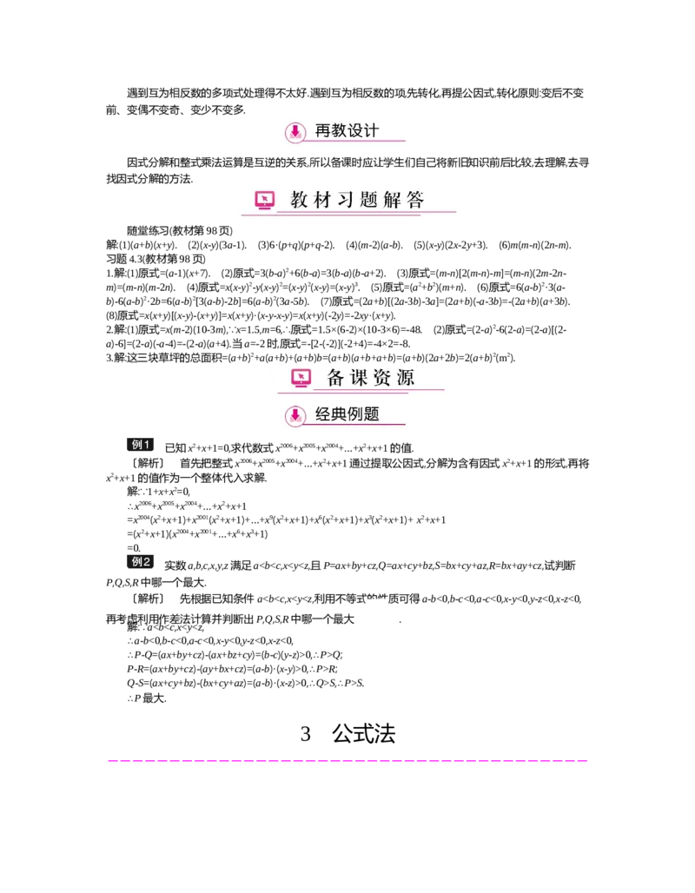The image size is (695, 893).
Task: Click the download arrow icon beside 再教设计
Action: (295, 132)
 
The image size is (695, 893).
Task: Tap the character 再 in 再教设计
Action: (323, 131)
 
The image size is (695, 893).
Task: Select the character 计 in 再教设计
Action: (371, 131)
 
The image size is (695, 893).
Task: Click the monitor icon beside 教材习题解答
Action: (265, 201)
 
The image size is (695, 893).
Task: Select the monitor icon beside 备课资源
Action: (301, 378)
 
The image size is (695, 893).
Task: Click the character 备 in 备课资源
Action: (336, 378)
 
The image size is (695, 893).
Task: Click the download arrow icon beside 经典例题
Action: (295, 415)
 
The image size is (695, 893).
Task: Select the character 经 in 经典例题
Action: (323, 414)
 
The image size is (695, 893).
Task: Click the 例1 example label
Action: (142, 444)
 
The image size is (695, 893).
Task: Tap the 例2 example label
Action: (142, 561)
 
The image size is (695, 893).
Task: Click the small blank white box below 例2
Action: (375, 612)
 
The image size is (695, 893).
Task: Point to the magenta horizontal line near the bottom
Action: (347, 761)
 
